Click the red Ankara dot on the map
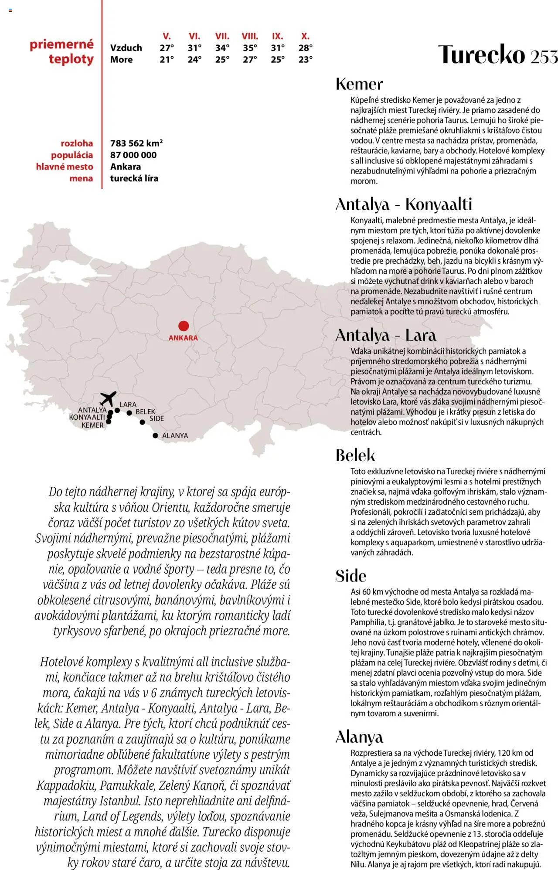184,326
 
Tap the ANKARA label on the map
183,338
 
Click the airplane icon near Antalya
108,398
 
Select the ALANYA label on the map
175,435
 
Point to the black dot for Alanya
155,435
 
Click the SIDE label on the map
157,418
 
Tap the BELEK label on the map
145,411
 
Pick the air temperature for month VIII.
250,48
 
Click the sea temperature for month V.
167,60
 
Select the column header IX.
277,36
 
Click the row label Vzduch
126,48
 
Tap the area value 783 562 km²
136,143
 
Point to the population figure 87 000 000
133,155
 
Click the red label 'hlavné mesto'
65,167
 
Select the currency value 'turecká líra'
134,178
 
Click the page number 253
544,56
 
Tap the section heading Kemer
359,84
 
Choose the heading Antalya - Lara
385,335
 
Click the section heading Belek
355,455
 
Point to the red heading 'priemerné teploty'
62,51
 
